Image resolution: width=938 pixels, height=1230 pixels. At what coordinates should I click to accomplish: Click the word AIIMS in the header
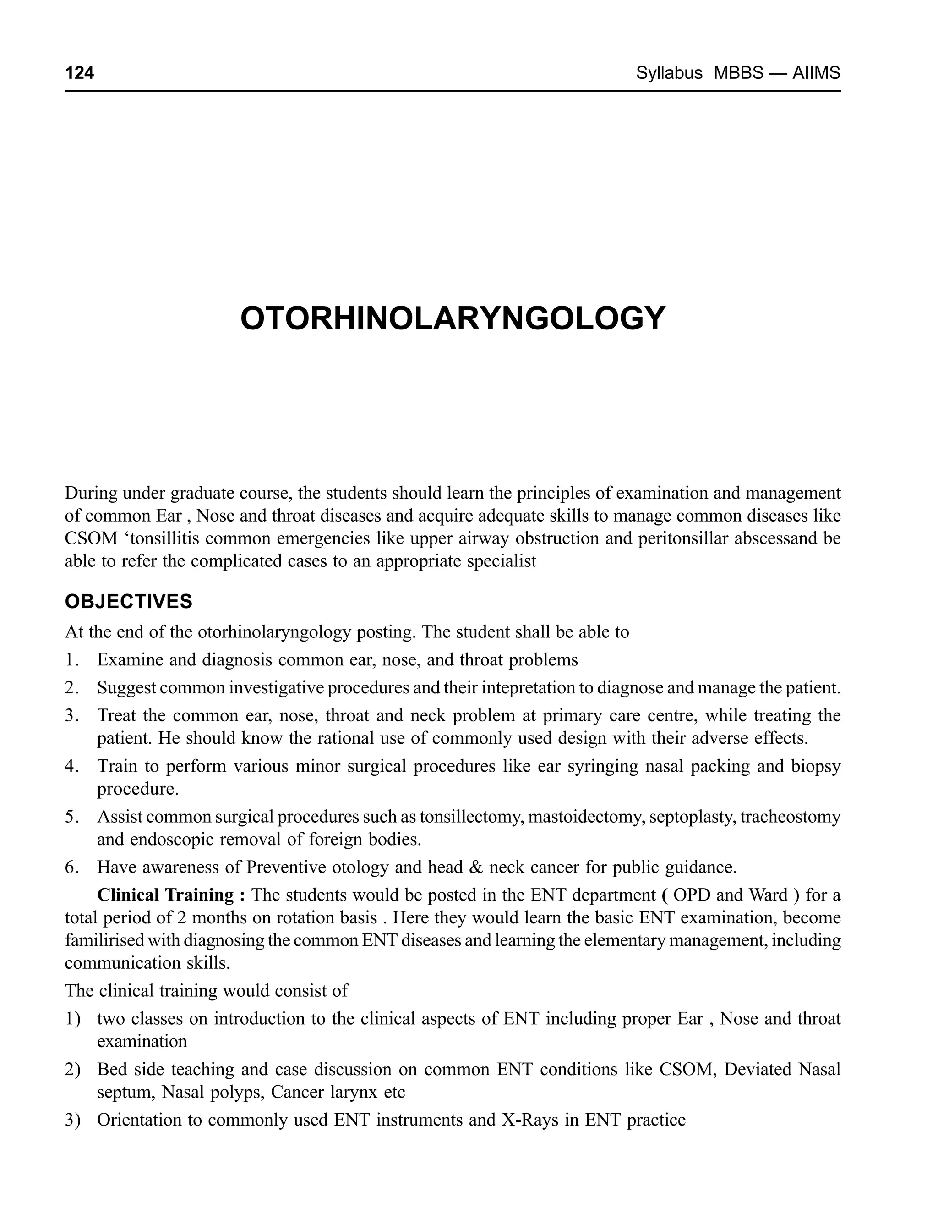[816, 73]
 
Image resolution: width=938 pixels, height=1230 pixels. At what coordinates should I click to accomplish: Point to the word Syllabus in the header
[669, 73]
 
